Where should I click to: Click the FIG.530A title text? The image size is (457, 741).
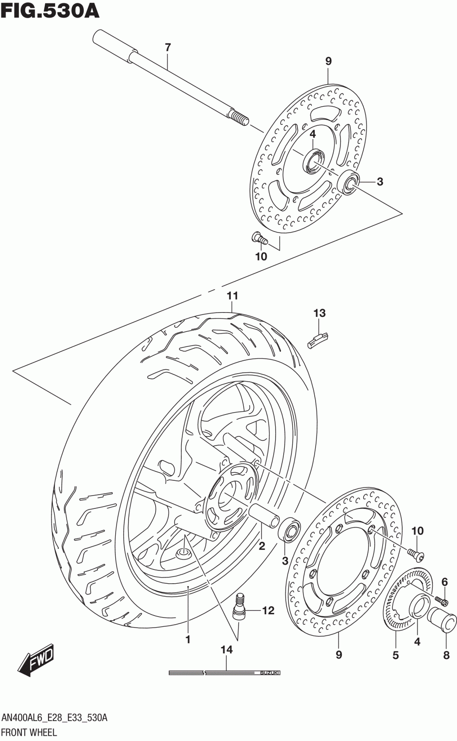pyautogui.click(x=50, y=10)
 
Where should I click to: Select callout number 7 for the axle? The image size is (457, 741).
pyautogui.click(x=168, y=47)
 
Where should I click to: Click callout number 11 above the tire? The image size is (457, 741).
pyautogui.click(x=232, y=296)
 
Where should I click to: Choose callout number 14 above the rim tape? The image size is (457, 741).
pyautogui.click(x=227, y=650)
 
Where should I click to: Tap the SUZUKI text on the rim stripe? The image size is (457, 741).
pyautogui.click(x=270, y=673)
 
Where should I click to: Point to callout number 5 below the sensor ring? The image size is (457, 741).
pyautogui.click(x=396, y=655)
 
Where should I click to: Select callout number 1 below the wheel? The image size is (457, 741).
pyautogui.click(x=188, y=639)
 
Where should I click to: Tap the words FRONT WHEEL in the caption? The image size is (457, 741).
pyautogui.click(x=29, y=732)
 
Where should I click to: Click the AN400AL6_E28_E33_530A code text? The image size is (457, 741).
pyautogui.click(x=55, y=718)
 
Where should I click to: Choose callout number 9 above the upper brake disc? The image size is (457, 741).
pyautogui.click(x=328, y=61)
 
